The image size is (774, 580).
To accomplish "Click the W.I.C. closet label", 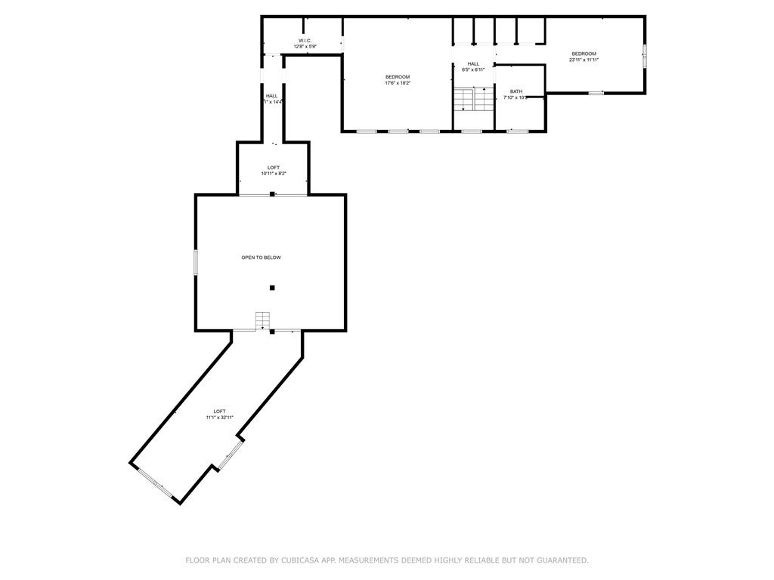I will [x=305, y=41].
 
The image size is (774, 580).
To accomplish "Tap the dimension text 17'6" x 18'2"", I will [x=398, y=83].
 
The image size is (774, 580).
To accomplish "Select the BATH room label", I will [x=515, y=91].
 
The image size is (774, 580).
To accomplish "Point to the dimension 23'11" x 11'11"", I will [x=584, y=60].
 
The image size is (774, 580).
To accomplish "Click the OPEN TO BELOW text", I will [x=261, y=258].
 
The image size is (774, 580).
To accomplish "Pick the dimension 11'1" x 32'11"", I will [x=219, y=418].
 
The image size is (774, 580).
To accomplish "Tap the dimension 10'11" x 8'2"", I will [x=273, y=174].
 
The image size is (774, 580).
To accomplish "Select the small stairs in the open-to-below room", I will [x=263, y=320].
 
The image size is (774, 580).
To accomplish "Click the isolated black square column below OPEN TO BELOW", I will [x=272, y=287].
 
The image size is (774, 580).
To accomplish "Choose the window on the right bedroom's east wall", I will [x=645, y=57].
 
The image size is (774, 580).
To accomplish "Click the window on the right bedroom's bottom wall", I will [x=596, y=93].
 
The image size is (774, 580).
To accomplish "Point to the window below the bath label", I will [x=517, y=131].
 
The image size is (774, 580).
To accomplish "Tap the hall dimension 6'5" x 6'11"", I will [x=473, y=69].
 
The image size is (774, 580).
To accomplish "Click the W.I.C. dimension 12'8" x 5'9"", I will [x=305, y=47].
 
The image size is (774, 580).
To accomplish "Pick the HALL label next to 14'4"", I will [x=271, y=96].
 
